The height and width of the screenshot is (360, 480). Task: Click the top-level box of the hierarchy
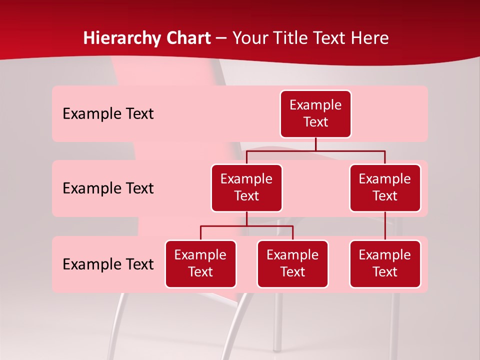point(315,114)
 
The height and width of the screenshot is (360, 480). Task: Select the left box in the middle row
point(246,188)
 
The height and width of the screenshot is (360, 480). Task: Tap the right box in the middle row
point(385,188)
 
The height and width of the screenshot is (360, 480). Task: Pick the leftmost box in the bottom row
point(200,264)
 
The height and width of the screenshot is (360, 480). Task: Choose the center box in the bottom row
point(292,264)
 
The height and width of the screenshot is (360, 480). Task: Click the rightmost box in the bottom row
point(385,264)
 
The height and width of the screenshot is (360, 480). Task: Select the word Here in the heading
point(371,38)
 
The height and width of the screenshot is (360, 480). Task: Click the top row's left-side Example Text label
point(108,114)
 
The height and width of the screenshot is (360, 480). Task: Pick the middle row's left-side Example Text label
point(108,188)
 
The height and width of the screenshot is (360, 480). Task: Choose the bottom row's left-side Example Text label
point(108,264)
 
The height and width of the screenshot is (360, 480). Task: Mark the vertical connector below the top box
point(315,144)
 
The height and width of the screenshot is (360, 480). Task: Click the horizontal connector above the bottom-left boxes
point(246,226)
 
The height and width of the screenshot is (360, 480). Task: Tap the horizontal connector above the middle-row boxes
point(315,150)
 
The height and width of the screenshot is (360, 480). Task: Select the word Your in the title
point(250,38)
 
